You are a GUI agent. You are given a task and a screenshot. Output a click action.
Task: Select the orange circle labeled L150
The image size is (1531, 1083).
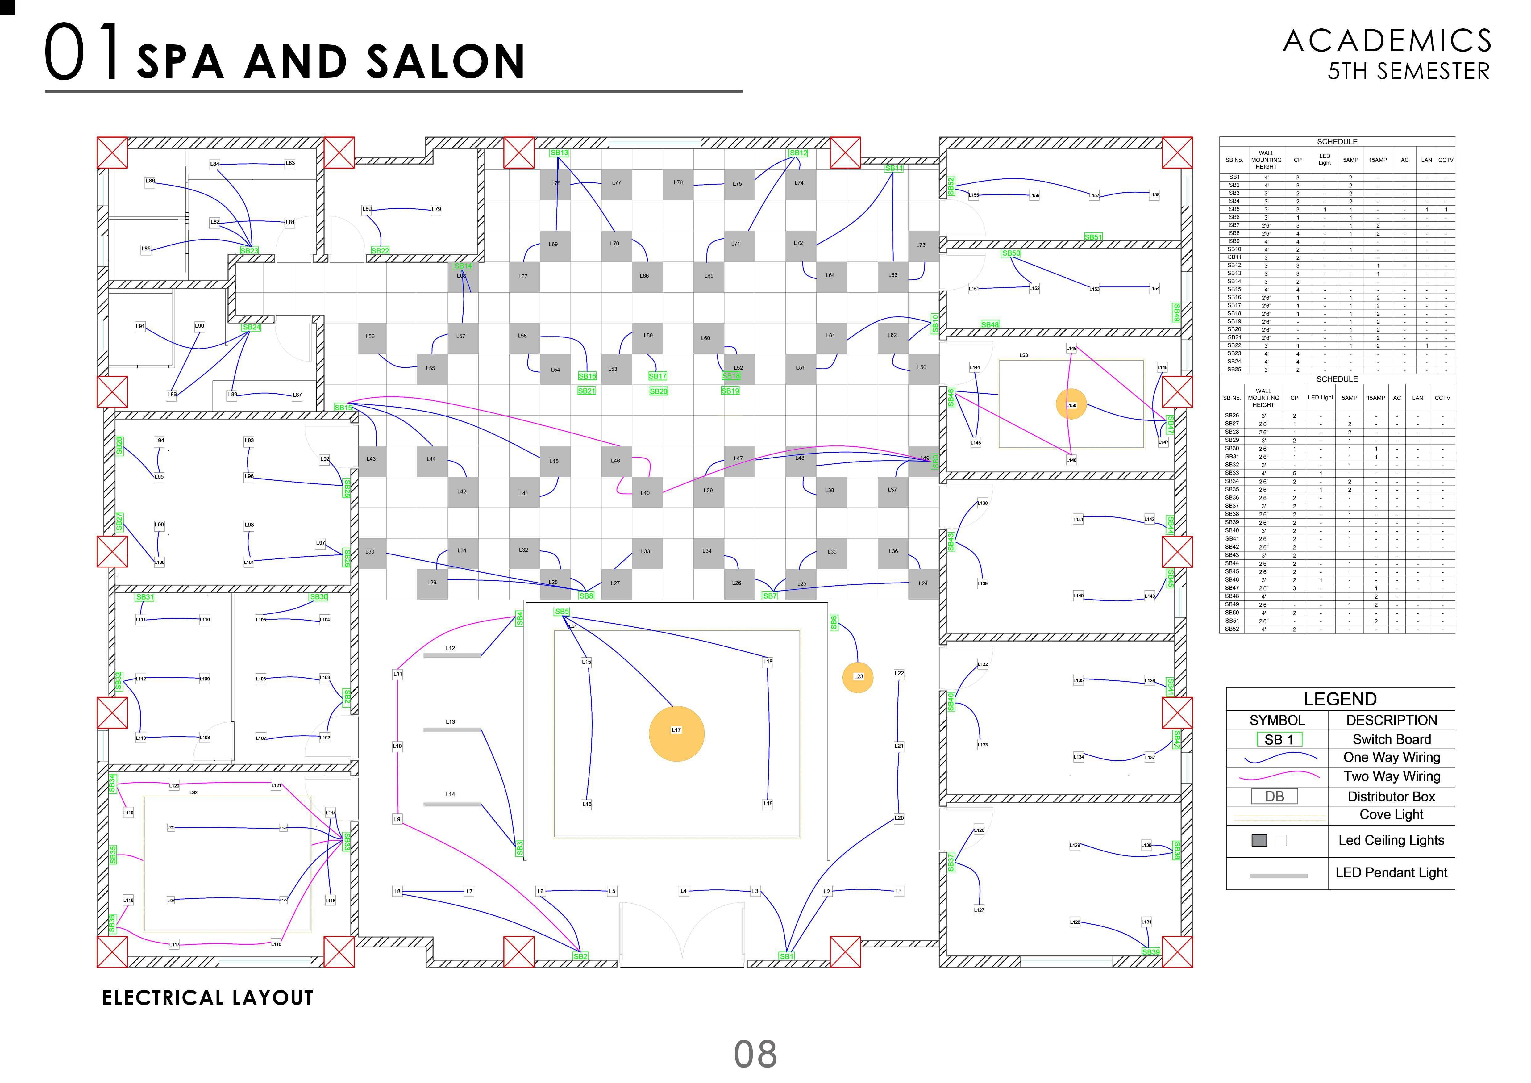tap(1071, 405)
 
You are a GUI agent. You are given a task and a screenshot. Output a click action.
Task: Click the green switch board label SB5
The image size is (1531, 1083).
tap(561, 612)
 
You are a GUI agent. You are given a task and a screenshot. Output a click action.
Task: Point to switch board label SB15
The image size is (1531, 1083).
tap(343, 408)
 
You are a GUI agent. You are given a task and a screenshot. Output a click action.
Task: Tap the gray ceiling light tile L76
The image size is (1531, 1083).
tap(677, 183)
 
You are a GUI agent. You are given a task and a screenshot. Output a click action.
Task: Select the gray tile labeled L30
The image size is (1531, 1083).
tap(371, 552)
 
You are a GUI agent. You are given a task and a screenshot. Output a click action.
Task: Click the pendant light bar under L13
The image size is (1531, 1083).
tap(451, 730)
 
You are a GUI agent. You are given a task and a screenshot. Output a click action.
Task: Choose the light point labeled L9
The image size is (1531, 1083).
tap(397, 819)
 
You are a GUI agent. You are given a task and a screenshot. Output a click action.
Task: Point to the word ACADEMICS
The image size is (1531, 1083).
tap(1387, 41)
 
